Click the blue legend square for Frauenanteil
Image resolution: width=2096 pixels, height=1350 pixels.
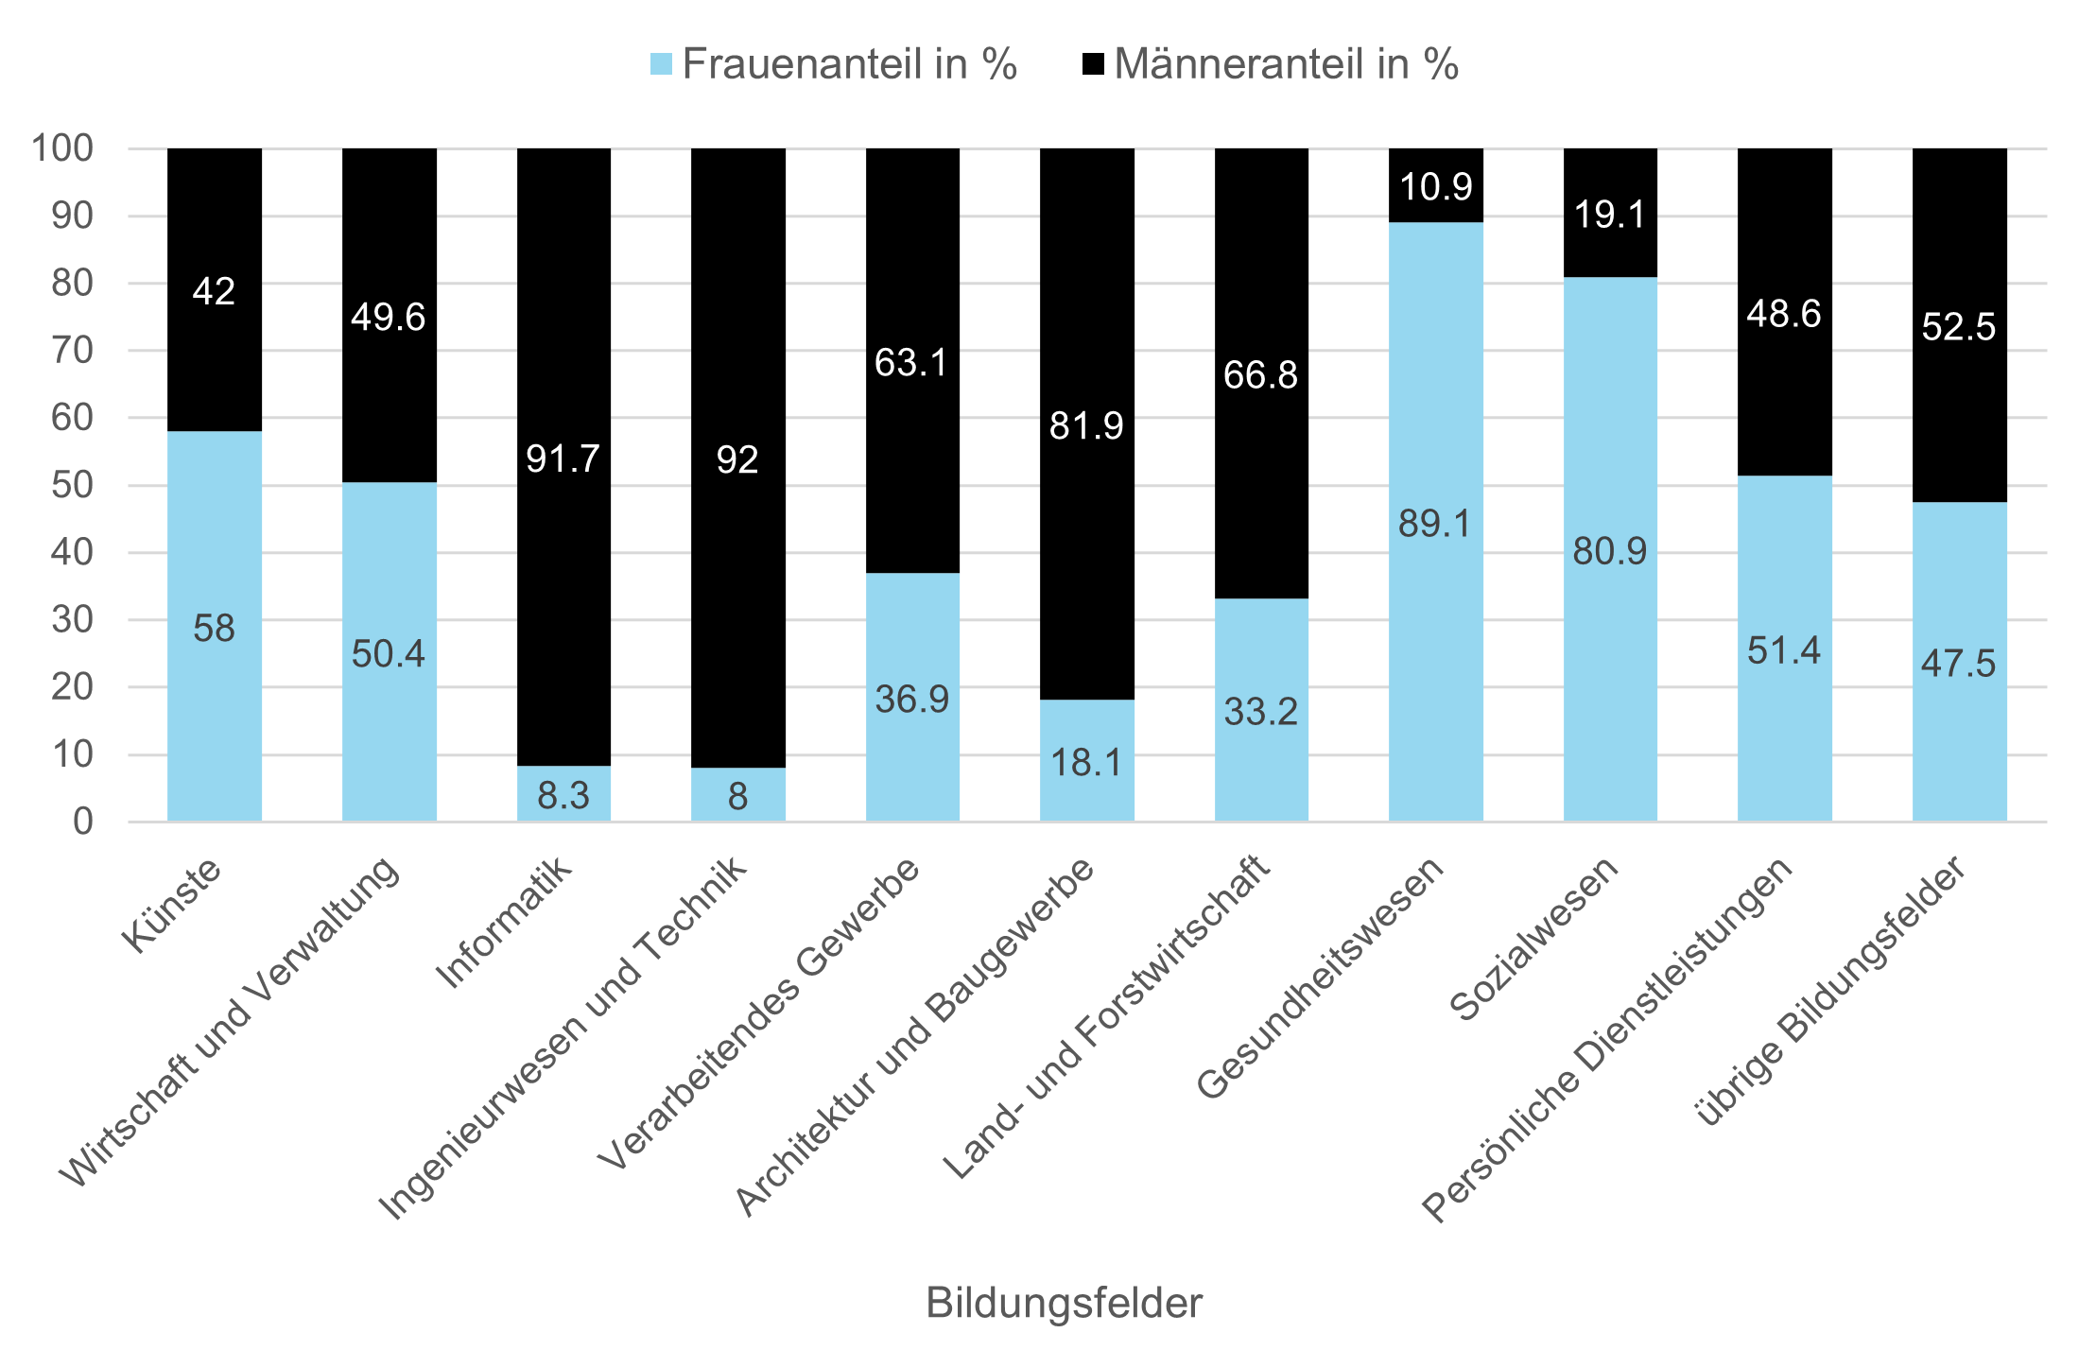(662, 64)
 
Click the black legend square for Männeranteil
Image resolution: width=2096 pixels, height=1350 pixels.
(1093, 64)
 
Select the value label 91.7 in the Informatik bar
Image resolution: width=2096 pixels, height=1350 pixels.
(563, 459)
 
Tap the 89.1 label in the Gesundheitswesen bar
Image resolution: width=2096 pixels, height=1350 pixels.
(1435, 524)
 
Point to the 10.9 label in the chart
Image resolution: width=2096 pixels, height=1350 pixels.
(1435, 187)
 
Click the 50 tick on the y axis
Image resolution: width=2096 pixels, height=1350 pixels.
(72, 485)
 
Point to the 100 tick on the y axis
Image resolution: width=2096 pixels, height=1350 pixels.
(62, 148)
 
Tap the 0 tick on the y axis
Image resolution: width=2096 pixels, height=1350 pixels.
(83, 822)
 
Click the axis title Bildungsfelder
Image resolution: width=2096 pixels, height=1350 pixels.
(1064, 1303)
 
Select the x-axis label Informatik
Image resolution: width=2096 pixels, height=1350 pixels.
(504, 922)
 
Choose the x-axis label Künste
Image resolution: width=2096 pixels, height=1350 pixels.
(172, 905)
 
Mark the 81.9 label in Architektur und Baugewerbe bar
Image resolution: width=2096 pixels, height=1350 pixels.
(1086, 426)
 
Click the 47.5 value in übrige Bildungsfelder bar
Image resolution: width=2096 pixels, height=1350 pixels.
(1958, 664)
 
